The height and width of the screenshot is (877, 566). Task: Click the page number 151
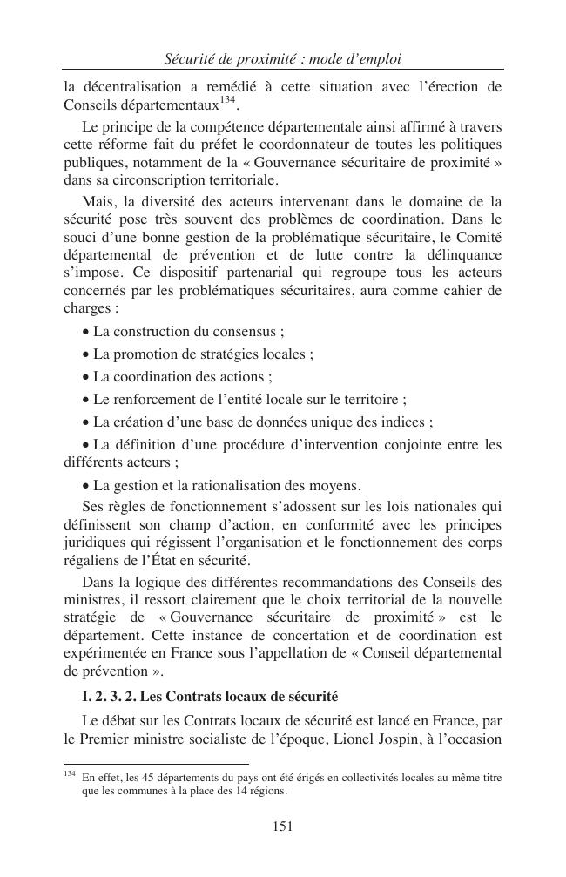pos(282,826)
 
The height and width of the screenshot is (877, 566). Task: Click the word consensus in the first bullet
pos(244,332)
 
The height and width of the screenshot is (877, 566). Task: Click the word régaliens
pos(92,559)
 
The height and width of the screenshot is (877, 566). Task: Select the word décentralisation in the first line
pos(129,86)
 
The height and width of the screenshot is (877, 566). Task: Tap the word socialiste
pos(236,739)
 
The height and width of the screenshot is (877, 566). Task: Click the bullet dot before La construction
pos(84,332)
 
